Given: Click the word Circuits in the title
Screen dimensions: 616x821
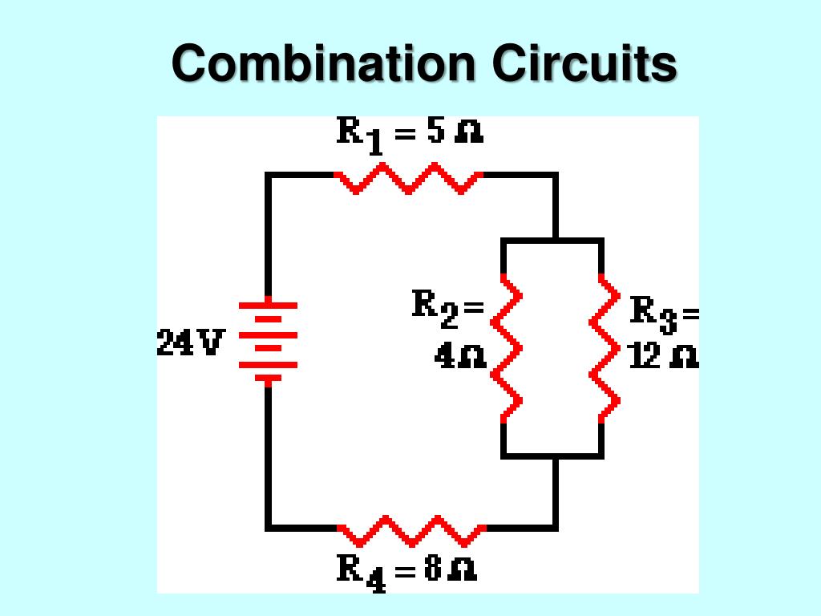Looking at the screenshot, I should (584, 63).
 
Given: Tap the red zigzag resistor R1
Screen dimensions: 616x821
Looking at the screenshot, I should (409, 177).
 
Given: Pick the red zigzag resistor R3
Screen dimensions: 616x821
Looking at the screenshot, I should (605, 348).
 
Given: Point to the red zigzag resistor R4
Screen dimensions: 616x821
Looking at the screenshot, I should (411, 529).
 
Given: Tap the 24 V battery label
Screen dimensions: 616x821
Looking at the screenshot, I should (192, 342).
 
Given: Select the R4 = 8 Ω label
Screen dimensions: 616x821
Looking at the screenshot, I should (407, 571).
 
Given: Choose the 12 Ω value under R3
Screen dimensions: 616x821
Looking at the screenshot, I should (663, 357).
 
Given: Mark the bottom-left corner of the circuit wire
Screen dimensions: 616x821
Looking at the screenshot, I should (268, 528).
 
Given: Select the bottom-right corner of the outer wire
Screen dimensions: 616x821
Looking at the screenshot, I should (555, 528).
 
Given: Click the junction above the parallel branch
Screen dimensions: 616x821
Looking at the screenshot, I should (555, 240).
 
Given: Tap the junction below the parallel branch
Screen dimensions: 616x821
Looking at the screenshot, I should (555, 456).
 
